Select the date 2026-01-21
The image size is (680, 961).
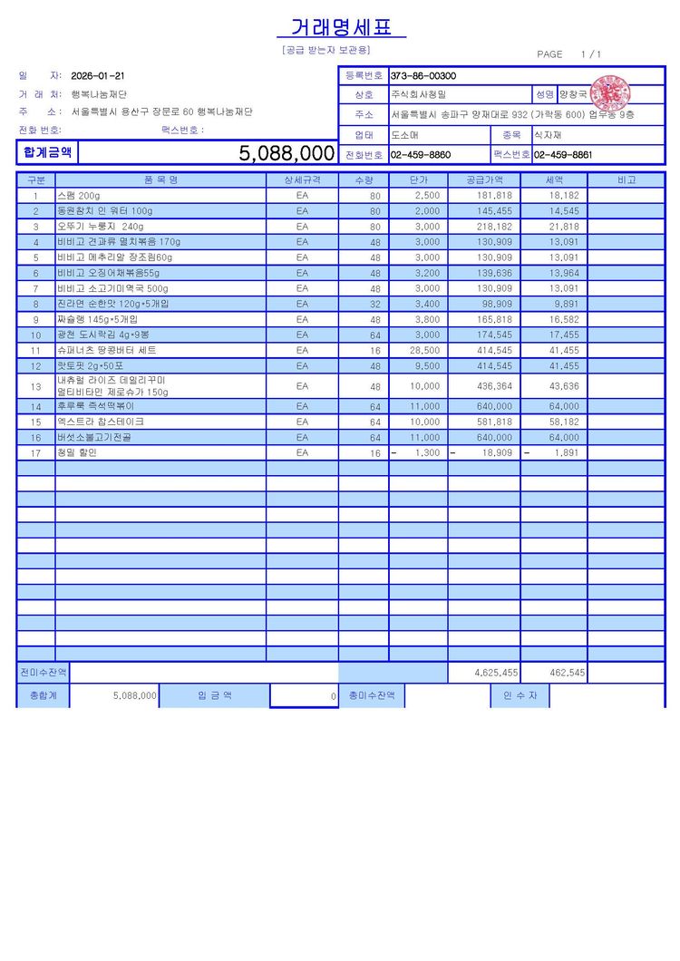pyautogui.click(x=98, y=76)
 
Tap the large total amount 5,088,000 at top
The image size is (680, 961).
pyautogui.click(x=287, y=153)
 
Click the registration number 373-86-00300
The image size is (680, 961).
pyautogui.click(x=423, y=76)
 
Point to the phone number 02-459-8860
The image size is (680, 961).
pyautogui.click(x=421, y=155)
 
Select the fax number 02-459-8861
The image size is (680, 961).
pyautogui.click(x=562, y=155)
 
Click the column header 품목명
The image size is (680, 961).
pyautogui.click(x=160, y=180)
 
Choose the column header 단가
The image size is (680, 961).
pyautogui.click(x=418, y=180)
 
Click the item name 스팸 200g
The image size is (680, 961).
pyautogui.click(x=79, y=196)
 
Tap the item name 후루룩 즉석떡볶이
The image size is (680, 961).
pyautogui.click(x=94, y=407)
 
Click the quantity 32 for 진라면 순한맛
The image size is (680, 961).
pyautogui.click(x=374, y=304)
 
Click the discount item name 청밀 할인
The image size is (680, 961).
pyautogui.click(x=76, y=453)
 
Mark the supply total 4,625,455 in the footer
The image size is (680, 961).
pyautogui.click(x=496, y=673)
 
